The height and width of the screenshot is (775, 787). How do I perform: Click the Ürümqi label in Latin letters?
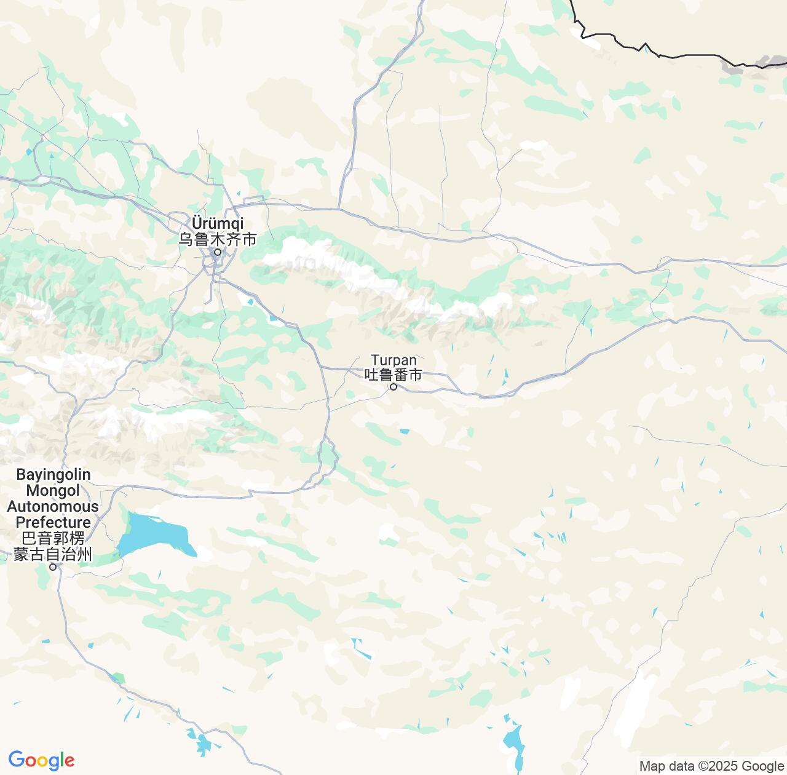coord(218,223)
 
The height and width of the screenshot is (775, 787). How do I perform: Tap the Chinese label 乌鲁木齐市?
coord(218,239)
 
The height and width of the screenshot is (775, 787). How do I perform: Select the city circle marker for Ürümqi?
coord(217,252)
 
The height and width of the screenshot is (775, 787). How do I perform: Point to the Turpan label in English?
coord(393,360)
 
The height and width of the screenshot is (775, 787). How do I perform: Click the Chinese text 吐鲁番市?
coord(393,374)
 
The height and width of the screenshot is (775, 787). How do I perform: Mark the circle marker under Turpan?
coord(393,387)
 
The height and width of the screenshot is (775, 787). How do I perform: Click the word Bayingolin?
coord(53,475)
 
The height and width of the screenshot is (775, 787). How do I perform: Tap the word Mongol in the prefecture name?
coord(53,491)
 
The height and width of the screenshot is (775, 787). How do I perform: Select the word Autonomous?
coord(53,507)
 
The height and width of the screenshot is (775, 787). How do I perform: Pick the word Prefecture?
coord(53,523)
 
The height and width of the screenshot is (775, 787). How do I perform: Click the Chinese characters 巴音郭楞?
coord(53,539)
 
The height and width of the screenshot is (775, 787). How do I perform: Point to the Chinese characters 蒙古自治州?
coord(53,554)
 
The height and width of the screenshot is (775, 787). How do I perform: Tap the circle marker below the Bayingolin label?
coord(53,567)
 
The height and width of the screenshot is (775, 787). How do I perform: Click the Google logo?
coord(41,760)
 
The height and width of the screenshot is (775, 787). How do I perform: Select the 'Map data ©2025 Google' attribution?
coord(711,766)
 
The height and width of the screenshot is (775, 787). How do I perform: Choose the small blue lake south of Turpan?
coord(404,431)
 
